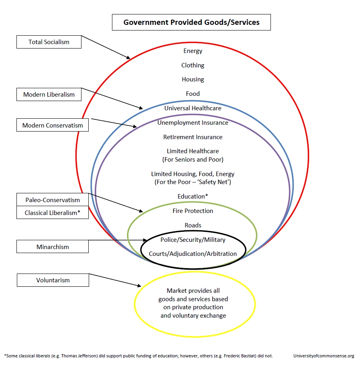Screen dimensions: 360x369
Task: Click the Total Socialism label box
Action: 49,42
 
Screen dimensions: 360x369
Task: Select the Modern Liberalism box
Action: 49,94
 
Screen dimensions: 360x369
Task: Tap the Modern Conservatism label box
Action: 53,125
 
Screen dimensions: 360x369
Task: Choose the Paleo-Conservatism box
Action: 53,200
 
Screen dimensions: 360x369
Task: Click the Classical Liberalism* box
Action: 53,213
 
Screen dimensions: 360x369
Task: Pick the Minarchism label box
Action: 53,247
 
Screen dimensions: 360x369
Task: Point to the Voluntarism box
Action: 53,280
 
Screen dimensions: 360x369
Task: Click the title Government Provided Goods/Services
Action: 191,22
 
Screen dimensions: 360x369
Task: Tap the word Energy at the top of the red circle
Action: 193,51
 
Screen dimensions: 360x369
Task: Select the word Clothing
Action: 193,65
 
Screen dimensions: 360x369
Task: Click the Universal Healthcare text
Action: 193,108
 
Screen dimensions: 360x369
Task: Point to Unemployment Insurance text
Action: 193,123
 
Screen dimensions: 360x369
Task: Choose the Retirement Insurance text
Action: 193,137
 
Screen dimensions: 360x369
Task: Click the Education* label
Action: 193,196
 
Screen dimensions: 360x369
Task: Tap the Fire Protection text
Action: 193,211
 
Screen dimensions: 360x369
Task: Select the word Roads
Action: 193,225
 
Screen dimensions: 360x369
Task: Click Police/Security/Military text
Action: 193,239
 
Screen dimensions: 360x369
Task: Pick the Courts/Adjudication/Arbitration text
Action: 193,253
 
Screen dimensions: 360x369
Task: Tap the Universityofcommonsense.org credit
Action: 324,356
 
